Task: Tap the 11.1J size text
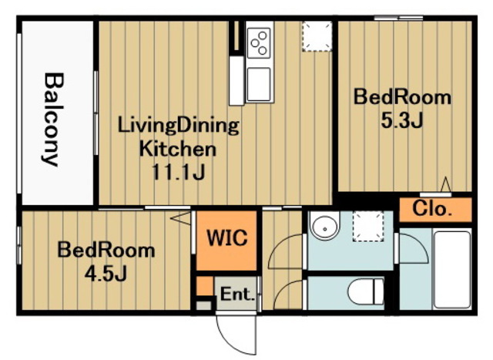pyautogui.click(x=178, y=172)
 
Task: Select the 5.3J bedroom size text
pyautogui.click(x=402, y=120)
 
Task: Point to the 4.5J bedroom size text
pyautogui.click(x=106, y=273)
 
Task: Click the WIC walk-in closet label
pyautogui.click(x=227, y=237)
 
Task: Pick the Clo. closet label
pyautogui.click(x=432, y=208)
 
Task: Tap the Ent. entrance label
pyautogui.click(x=237, y=294)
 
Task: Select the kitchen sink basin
pyautogui.click(x=259, y=84)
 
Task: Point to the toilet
pyautogui.click(x=366, y=291)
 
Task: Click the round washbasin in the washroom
pyautogui.click(x=324, y=225)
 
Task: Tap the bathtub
pyautogui.click(x=452, y=269)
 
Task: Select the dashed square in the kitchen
pyautogui.click(x=317, y=36)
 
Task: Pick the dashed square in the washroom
pyautogui.click(x=368, y=227)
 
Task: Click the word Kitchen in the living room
pyautogui.click(x=178, y=149)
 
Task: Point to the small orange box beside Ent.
pyautogui.click(x=205, y=286)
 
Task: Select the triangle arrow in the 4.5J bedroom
pyautogui.click(x=181, y=217)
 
